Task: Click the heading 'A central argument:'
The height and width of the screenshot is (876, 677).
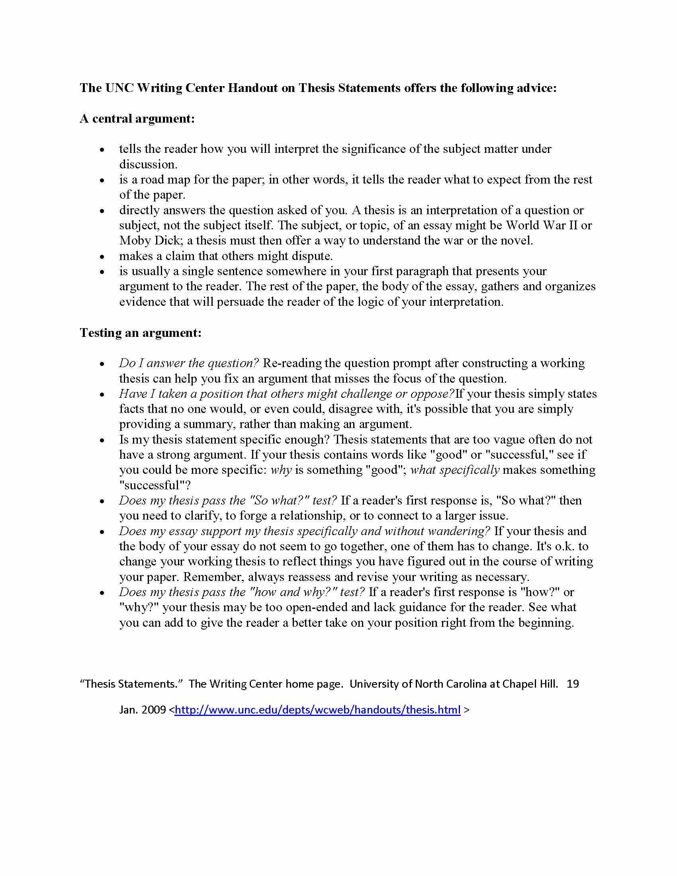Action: point(137,119)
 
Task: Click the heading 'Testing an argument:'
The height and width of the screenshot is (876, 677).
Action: point(140,333)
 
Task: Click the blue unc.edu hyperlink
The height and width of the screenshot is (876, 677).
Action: point(318,710)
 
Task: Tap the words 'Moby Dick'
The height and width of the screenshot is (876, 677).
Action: point(148,241)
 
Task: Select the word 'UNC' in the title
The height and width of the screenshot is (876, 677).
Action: point(119,88)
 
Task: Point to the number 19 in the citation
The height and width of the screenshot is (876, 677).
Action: point(573,683)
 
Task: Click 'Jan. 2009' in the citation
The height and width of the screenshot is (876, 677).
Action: point(143,710)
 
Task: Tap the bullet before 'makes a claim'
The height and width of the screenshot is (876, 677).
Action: point(102,257)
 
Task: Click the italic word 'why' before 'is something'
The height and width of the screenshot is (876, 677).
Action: point(281,470)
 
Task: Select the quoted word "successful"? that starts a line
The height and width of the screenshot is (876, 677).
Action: point(155,486)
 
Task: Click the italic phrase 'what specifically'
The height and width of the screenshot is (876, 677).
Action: point(455,470)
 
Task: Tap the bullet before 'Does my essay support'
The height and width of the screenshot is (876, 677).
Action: point(102,532)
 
